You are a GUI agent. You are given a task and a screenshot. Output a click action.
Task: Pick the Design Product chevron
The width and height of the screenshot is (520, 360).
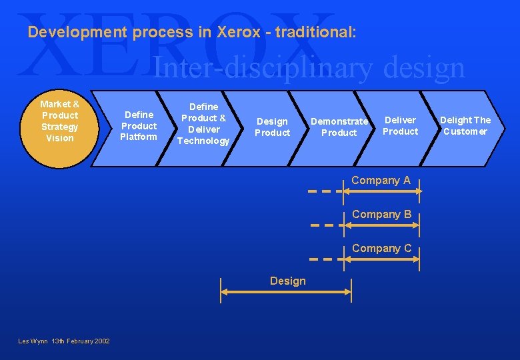click(272, 127)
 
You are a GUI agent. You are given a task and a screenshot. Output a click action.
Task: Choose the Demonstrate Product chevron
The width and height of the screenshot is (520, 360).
click(339, 127)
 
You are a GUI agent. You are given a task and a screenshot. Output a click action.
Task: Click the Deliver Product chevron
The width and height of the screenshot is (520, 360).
click(400, 126)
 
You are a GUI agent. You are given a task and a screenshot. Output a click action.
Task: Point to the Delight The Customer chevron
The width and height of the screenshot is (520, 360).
click(465, 126)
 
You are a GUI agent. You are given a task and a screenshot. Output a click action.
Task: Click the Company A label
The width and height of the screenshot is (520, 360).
click(381, 180)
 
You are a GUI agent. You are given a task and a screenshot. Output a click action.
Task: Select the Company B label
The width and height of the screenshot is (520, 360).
click(381, 214)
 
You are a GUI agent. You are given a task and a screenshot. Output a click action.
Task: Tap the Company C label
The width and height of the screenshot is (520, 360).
click(381, 248)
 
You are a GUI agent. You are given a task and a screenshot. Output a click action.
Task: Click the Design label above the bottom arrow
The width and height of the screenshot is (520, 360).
click(288, 281)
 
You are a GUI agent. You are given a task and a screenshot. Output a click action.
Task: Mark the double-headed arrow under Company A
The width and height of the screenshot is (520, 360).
click(383, 191)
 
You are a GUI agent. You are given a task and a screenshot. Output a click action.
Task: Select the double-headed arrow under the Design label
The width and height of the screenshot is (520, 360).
click(286, 291)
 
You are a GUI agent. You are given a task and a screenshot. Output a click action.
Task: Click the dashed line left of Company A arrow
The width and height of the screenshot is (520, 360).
click(323, 191)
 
